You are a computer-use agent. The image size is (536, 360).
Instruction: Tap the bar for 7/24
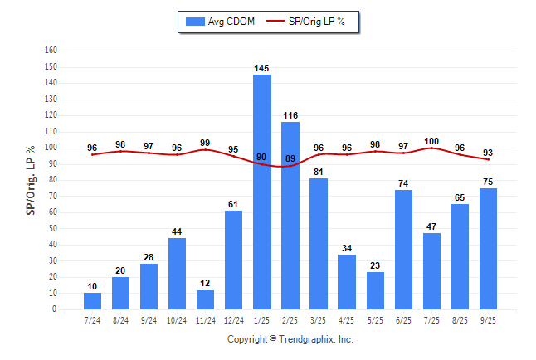click(92, 301)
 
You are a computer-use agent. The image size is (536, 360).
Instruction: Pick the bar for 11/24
click(205, 299)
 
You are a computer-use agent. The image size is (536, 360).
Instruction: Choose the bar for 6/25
click(403, 249)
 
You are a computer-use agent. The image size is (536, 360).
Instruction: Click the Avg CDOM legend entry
click(221, 22)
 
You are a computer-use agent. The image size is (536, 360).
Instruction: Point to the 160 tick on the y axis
click(50, 51)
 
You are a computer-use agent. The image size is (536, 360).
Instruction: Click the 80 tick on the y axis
click(51, 180)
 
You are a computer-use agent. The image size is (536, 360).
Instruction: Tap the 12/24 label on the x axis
click(233, 319)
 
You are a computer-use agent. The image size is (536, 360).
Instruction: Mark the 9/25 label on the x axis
click(488, 319)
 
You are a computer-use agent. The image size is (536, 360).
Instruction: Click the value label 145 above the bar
click(261, 68)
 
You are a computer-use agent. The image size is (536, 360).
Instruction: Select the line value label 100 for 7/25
click(431, 141)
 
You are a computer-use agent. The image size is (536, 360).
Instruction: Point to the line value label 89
click(290, 158)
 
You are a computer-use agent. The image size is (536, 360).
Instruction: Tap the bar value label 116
click(290, 115)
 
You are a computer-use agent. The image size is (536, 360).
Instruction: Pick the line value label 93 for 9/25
click(488, 152)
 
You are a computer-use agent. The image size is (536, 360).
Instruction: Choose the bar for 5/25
click(375, 290)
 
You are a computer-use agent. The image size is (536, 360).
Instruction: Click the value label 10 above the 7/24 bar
click(92, 286)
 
